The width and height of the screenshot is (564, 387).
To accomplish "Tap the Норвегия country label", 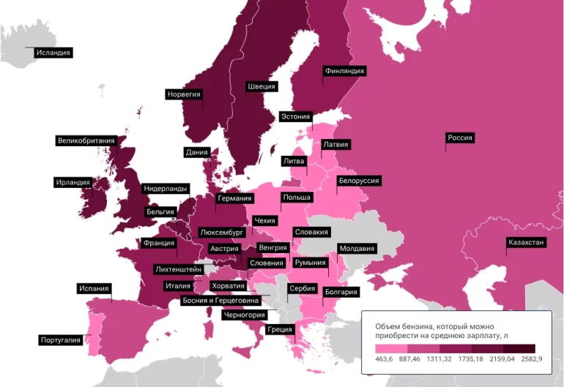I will (184, 94).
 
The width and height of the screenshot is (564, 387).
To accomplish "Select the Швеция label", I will (261, 86).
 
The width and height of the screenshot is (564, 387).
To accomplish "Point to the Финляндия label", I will (344, 71).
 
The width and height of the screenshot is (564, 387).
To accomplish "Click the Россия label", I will (460, 138).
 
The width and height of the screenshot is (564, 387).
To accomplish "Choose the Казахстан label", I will (526, 242).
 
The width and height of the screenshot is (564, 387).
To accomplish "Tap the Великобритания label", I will (86, 140).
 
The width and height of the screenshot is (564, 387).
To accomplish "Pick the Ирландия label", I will (73, 182).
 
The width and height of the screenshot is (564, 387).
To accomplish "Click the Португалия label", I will (60, 340).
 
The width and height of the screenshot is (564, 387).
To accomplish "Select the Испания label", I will (94, 288).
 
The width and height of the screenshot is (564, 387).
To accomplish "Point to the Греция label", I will (281, 329).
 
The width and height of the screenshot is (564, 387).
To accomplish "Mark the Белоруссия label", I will (358, 181).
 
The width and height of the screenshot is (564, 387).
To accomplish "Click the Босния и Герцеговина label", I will (220, 301).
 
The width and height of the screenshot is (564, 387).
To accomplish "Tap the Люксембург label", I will (221, 232).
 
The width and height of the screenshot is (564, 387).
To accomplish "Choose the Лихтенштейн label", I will (178, 269).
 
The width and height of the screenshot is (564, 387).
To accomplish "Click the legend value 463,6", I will (385, 359).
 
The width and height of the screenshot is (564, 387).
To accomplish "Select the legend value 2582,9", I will (535, 359).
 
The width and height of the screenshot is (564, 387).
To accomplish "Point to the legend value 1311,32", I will (445, 359).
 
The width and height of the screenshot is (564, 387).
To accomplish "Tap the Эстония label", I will (296, 116).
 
